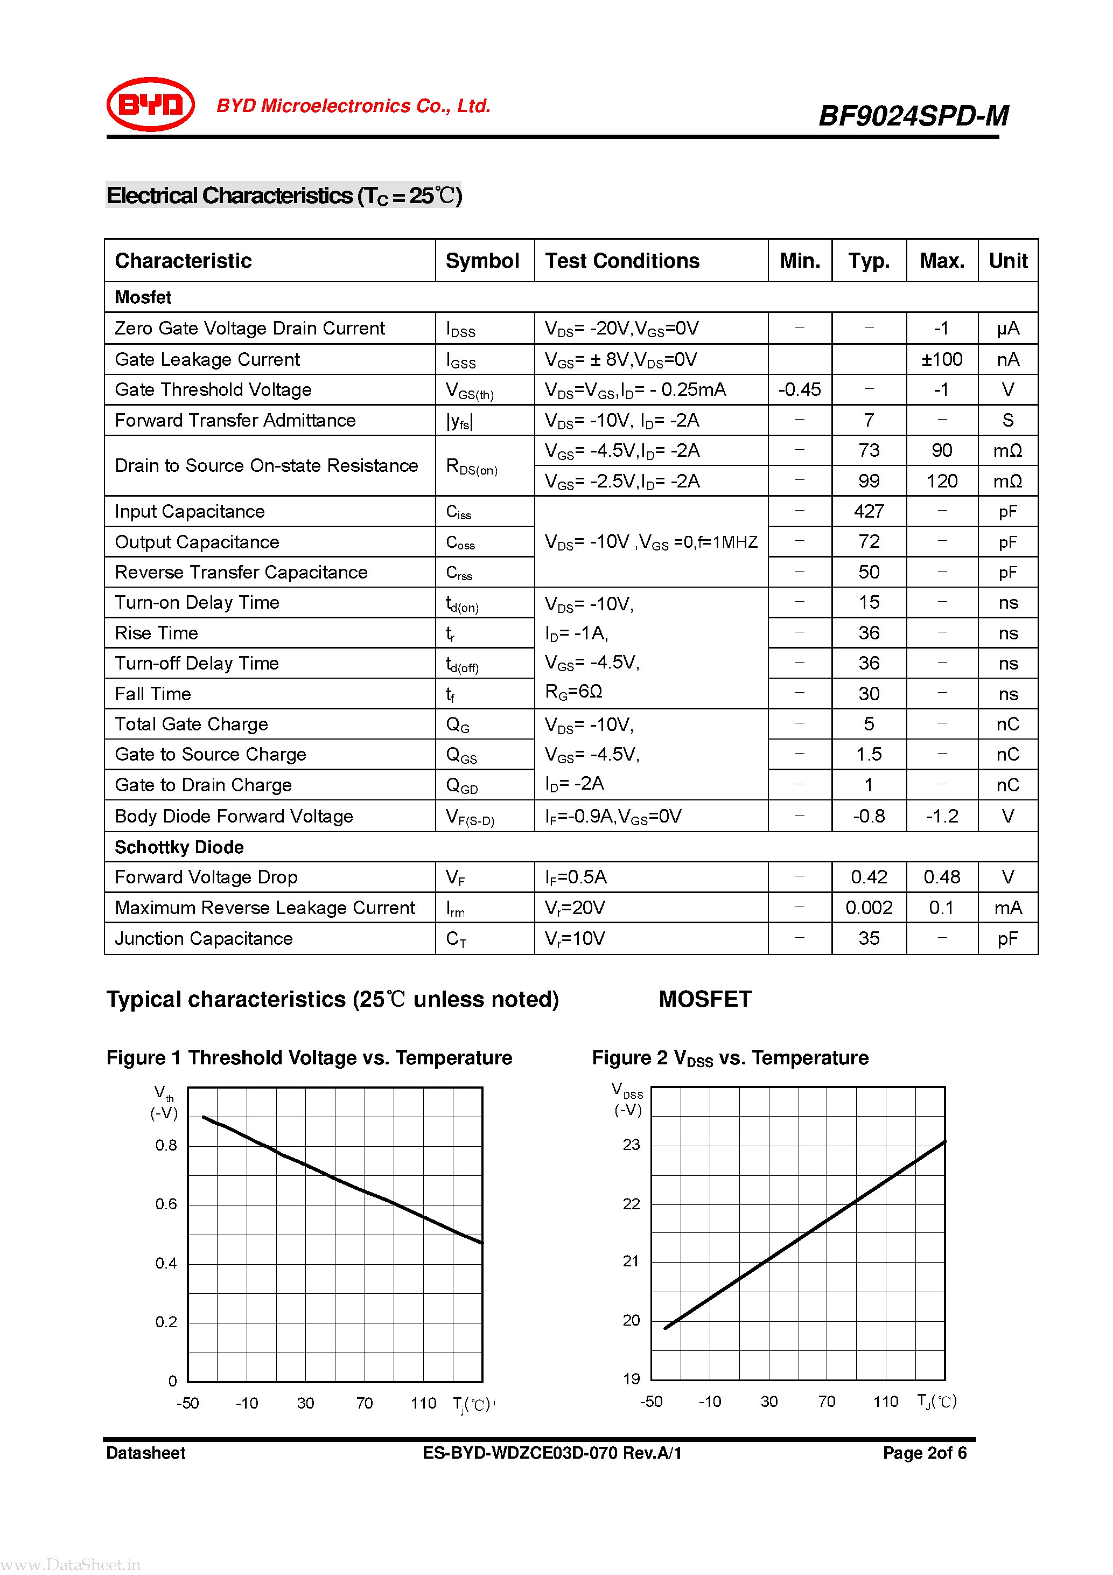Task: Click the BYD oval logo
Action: [x=150, y=104]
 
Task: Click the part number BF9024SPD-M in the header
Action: [x=913, y=116]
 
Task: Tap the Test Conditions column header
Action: [x=622, y=261]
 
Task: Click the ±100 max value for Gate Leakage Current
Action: [x=942, y=359]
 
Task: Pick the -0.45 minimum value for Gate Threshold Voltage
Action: [x=799, y=389]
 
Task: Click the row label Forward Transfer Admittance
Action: [x=235, y=421]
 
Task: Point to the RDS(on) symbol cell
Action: [x=471, y=466]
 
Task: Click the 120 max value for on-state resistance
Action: [x=942, y=481]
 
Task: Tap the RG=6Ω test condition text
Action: [x=573, y=692]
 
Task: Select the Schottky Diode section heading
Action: [x=179, y=847]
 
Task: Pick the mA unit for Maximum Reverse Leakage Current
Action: [x=1007, y=908]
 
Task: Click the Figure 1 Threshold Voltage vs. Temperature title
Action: [x=309, y=1058]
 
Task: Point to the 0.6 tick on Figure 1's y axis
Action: [x=166, y=1204]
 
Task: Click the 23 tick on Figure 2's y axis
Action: [x=631, y=1144]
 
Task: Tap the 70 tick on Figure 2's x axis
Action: [x=827, y=1402]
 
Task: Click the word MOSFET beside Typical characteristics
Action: [x=704, y=999]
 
